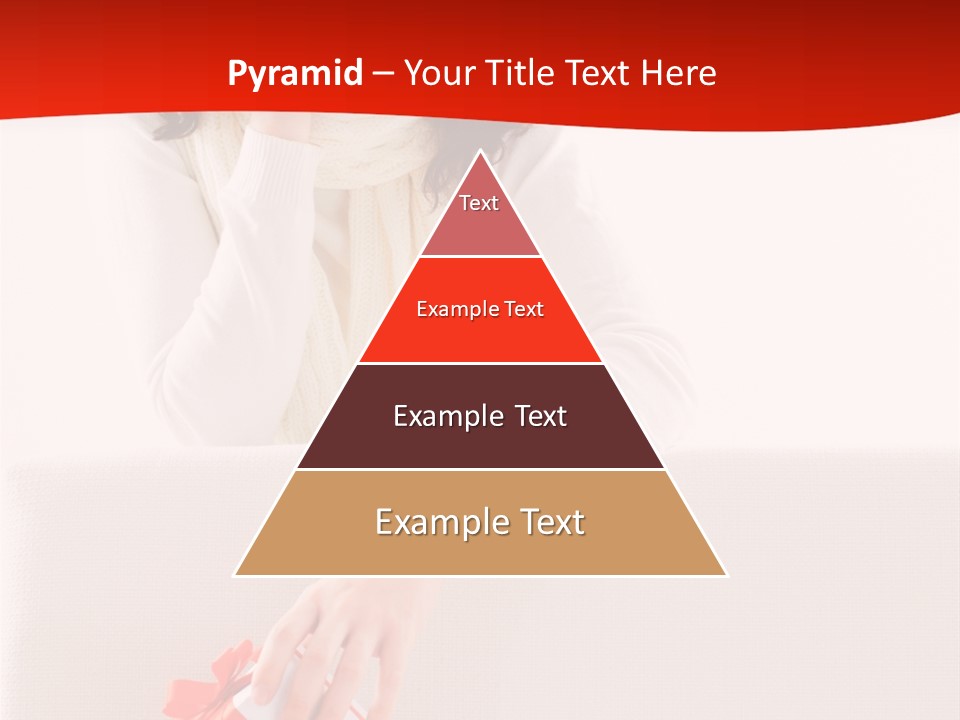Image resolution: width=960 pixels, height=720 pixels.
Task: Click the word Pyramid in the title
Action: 295,74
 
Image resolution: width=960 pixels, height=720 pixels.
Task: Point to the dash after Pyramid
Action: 383,74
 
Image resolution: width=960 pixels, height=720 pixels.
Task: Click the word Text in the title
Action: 600,73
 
